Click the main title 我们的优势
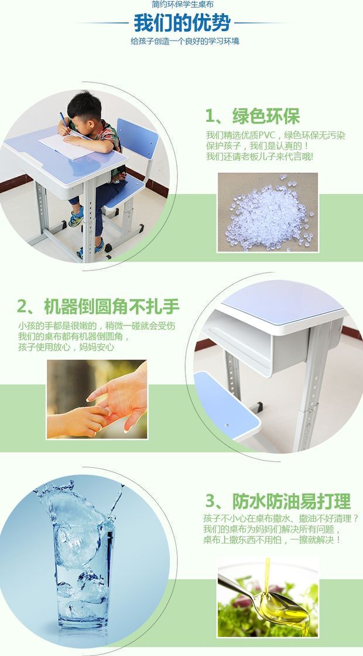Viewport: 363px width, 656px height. click(x=181, y=22)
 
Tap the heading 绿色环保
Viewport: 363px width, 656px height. click(x=266, y=117)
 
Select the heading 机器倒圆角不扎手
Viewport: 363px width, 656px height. click(x=111, y=307)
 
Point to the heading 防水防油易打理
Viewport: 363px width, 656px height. click(x=291, y=501)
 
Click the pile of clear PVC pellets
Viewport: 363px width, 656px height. click(x=269, y=214)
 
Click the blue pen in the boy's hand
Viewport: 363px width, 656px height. click(x=64, y=119)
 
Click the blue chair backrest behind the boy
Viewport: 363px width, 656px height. click(x=137, y=138)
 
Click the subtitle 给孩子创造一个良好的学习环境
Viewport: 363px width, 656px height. click(x=184, y=41)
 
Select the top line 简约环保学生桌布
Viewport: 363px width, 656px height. click(x=182, y=5)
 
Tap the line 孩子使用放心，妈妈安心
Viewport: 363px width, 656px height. click(x=66, y=347)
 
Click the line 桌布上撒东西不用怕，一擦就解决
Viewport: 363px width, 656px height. click(x=272, y=540)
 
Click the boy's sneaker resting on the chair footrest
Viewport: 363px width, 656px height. click(x=76, y=217)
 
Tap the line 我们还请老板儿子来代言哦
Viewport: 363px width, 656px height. click(x=259, y=157)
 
